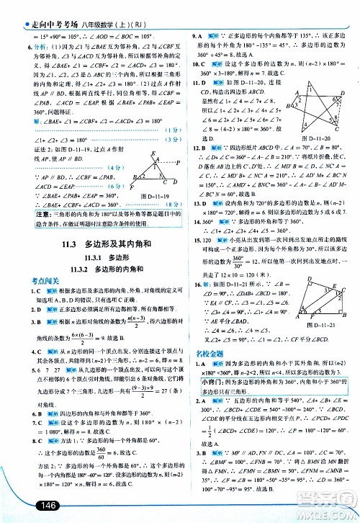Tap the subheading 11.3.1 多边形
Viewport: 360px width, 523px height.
coord(94,278)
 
